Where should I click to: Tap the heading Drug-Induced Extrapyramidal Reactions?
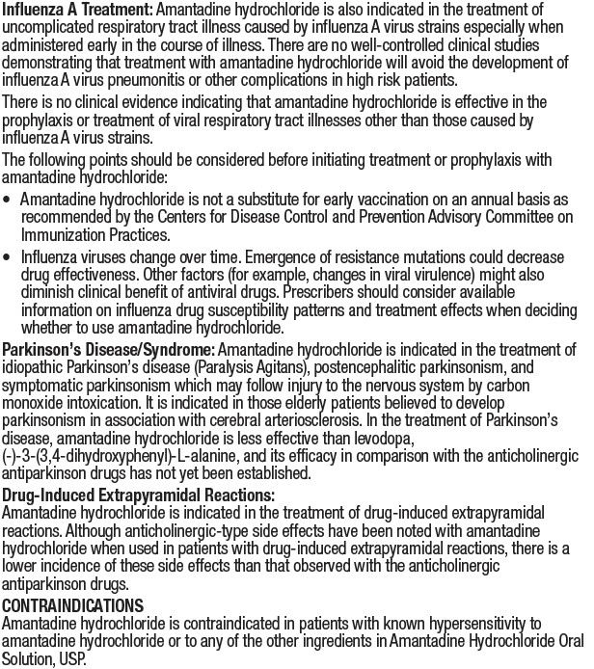(138, 495)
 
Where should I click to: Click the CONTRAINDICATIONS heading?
(72, 605)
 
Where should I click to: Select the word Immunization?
(62, 234)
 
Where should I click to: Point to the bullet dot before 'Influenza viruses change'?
(8, 258)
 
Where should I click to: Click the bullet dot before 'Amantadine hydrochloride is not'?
(8, 200)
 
